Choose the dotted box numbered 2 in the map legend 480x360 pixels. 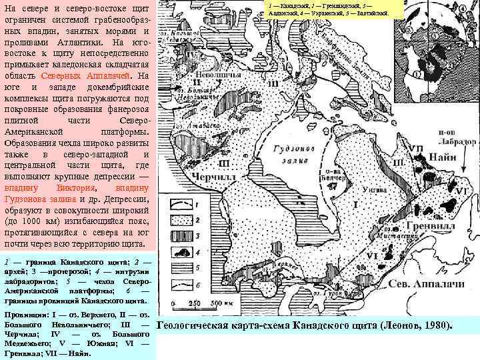(x=181, y=217)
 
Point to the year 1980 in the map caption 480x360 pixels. (x=436, y=326)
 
